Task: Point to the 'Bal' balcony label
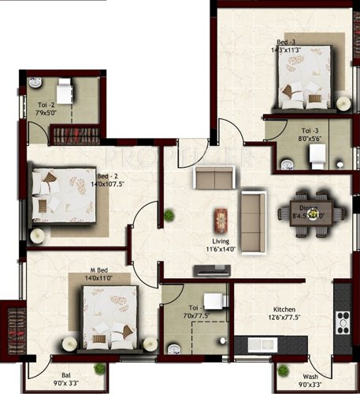[66, 377]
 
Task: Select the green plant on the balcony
[99, 369]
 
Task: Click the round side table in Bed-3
[343, 104]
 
